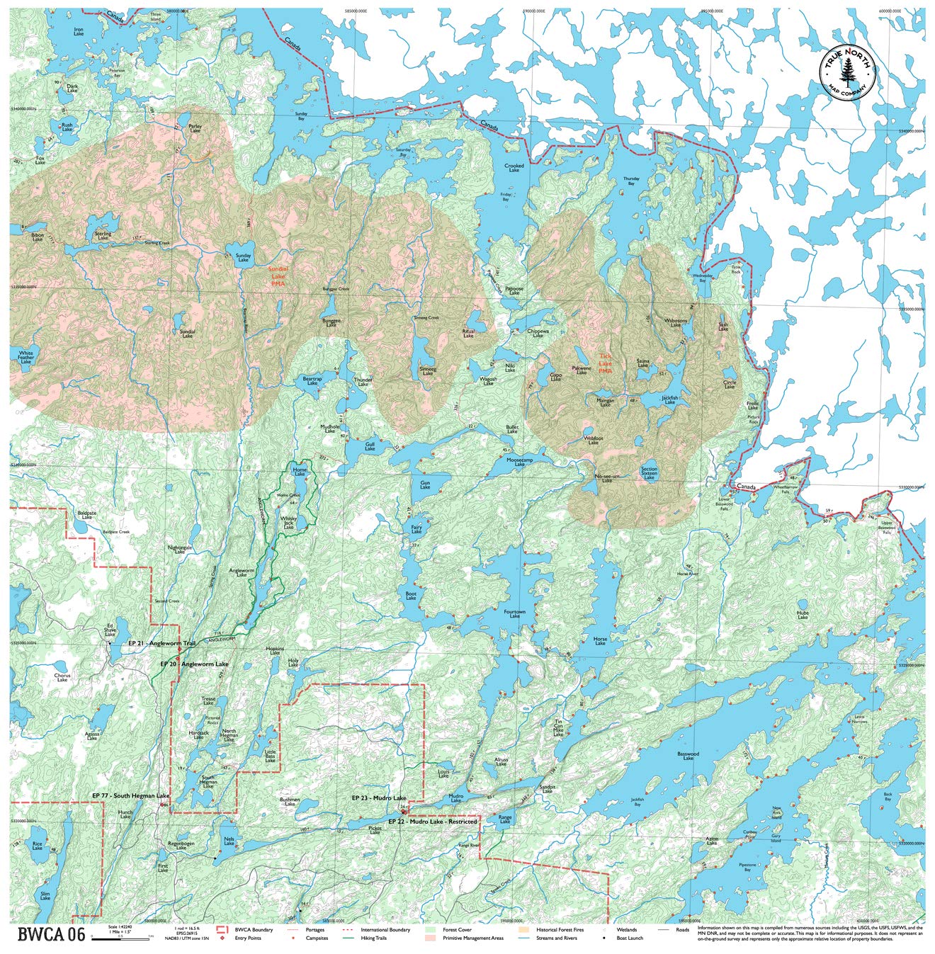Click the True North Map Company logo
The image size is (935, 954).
click(x=848, y=69)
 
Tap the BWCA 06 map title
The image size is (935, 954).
click(x=51, y=934)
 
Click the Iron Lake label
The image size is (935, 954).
click(x=79, y=31)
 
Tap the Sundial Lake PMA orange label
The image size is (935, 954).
click(x=278, y=276)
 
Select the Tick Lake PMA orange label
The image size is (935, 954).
click(x=605, y=364)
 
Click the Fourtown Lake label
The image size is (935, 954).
click(x=514, y=613)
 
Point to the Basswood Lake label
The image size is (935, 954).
click(x=688, y=756)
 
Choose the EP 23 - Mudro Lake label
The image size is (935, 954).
click(x=379, y=797)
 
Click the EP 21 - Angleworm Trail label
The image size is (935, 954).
click(x=161, y=643)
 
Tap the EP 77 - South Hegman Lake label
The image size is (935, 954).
click(x=130, y=795)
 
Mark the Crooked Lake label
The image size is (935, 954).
click(x=514, y=168)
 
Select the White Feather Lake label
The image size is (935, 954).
click(x=26, y=356)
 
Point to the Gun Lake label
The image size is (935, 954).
click(x=424, y=485)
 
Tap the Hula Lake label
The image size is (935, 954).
click(x=802, y=615)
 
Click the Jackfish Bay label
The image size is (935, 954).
click(x=637, y=804)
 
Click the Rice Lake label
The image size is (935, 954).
click(x=38, y=846)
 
